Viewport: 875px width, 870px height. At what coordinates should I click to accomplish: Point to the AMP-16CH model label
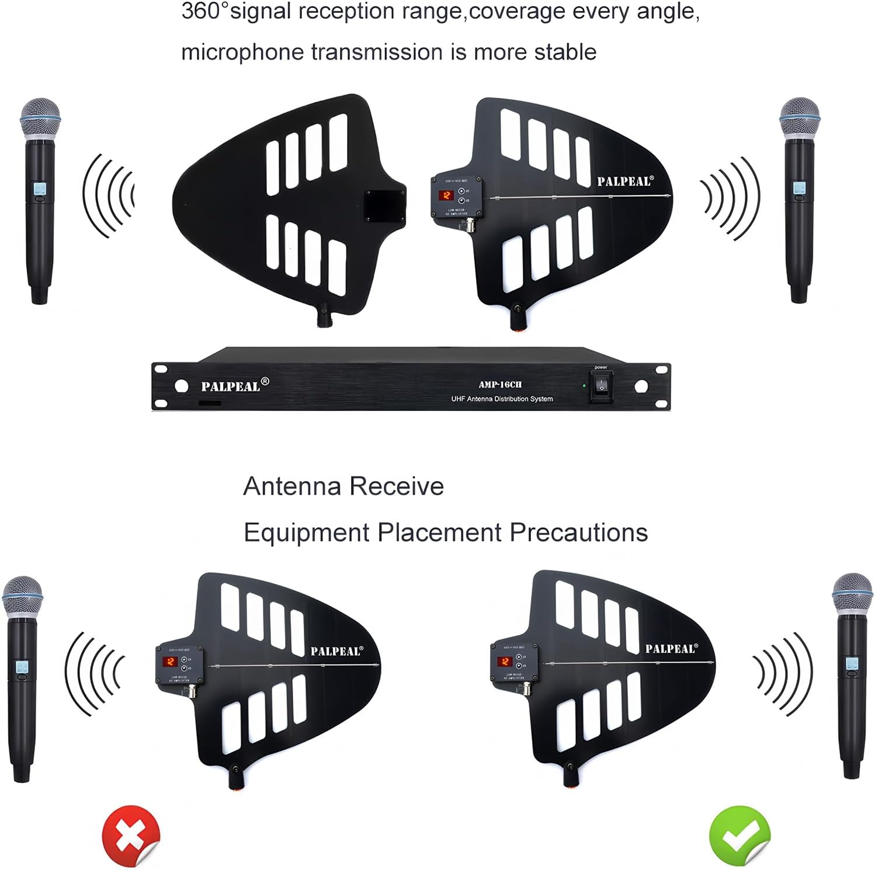tap(500, 384)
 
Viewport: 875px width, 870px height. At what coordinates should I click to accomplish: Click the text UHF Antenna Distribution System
tap(502, 399)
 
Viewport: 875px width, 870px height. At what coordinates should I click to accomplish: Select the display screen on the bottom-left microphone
tap(22, 667)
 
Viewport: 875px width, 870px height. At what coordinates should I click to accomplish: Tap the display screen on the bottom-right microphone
tap(852, 664)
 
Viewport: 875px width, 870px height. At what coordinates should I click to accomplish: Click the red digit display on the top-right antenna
tap(446, 195)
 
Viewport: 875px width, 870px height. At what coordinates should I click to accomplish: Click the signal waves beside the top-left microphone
tap(109, 196)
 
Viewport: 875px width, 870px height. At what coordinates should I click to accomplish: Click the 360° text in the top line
tap(204, 12)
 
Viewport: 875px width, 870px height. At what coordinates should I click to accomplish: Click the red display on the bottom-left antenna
tap(171, 662)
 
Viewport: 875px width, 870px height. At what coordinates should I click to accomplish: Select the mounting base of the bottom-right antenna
tap(571, 776)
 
